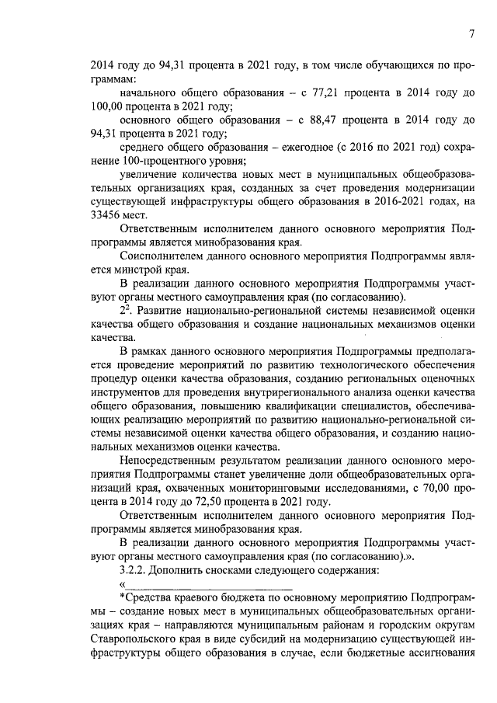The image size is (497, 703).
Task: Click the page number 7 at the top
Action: click(x=471, y=33)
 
